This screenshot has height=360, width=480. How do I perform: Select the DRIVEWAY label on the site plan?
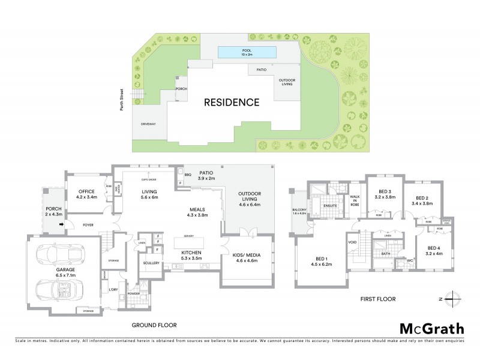[148, 124]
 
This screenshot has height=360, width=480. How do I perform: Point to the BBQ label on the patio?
[188, 175]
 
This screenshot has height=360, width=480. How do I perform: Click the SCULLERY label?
[150, 263]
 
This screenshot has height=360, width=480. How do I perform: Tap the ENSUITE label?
[331, 205]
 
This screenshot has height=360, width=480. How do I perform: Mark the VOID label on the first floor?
[352, 243]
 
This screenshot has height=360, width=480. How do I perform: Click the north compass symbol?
[453, 298]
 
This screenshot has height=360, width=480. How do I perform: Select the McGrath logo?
[431, 328]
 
